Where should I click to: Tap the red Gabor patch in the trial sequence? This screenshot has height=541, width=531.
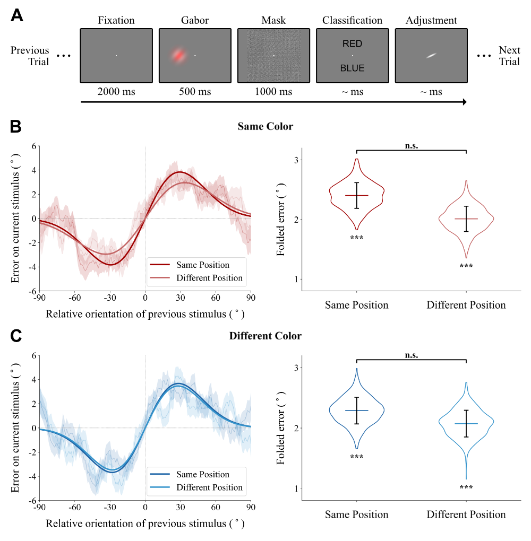coord(179,55)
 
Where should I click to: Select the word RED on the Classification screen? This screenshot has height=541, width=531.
coord(352,43)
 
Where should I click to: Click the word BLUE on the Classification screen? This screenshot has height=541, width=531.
coord(352,68)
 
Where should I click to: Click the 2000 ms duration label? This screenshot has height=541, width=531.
coord(116,92)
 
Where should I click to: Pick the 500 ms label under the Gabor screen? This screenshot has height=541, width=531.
coord(195,92)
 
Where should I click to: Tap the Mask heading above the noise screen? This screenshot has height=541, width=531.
coord(273,21)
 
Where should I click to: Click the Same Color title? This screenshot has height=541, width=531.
coord(265,127)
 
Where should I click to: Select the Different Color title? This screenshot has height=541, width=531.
coord(265,336)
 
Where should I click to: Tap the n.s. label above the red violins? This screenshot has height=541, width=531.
coord(411,146)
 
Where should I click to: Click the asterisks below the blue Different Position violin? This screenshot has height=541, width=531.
coord(466,487)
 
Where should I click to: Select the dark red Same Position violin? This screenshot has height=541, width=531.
coord(356,195)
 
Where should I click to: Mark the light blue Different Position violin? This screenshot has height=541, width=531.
coord(466,423)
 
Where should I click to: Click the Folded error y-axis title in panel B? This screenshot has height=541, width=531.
coord(280,219)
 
